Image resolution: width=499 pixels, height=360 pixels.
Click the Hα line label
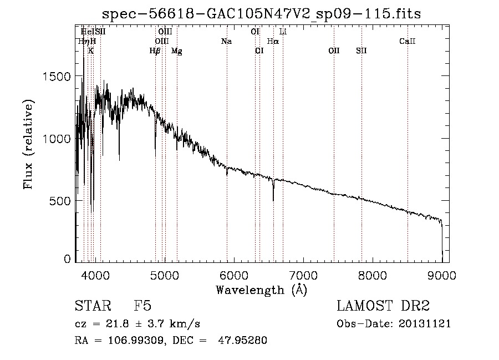pyautogui.click(x=273, y=41)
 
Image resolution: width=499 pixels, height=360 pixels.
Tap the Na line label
pyautogui.click(x=226, y=41)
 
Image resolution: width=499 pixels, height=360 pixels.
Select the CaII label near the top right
pyautogui.click(x=408, y=41)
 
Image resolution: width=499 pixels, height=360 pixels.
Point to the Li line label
pyautogui.click(x=283, y=32)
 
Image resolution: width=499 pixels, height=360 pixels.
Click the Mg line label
pyautogui.click(x=176, y=51)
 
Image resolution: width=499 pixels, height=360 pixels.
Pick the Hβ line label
pyautogui.click(x=155, y=51)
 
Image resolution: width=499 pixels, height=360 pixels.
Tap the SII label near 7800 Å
pyautogui.click(x=361, y=51)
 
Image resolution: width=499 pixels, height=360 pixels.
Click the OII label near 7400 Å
pyautogui.click(x=334, y=51)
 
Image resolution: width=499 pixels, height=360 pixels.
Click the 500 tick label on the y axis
pyautogui.click(x=61, y=200)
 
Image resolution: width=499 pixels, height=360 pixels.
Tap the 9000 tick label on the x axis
pyautogui.click(x=442, y=275)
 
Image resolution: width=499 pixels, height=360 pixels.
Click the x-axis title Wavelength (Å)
pyautogui.click(x=261, y=290)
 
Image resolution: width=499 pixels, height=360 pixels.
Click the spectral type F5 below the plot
pyautogui.click(x=142, y=306)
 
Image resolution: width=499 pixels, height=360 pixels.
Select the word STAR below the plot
pyautogui.click(x=91, y=306)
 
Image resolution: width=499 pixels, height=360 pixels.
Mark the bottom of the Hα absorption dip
pyautogui.click(x=273, y=200)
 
